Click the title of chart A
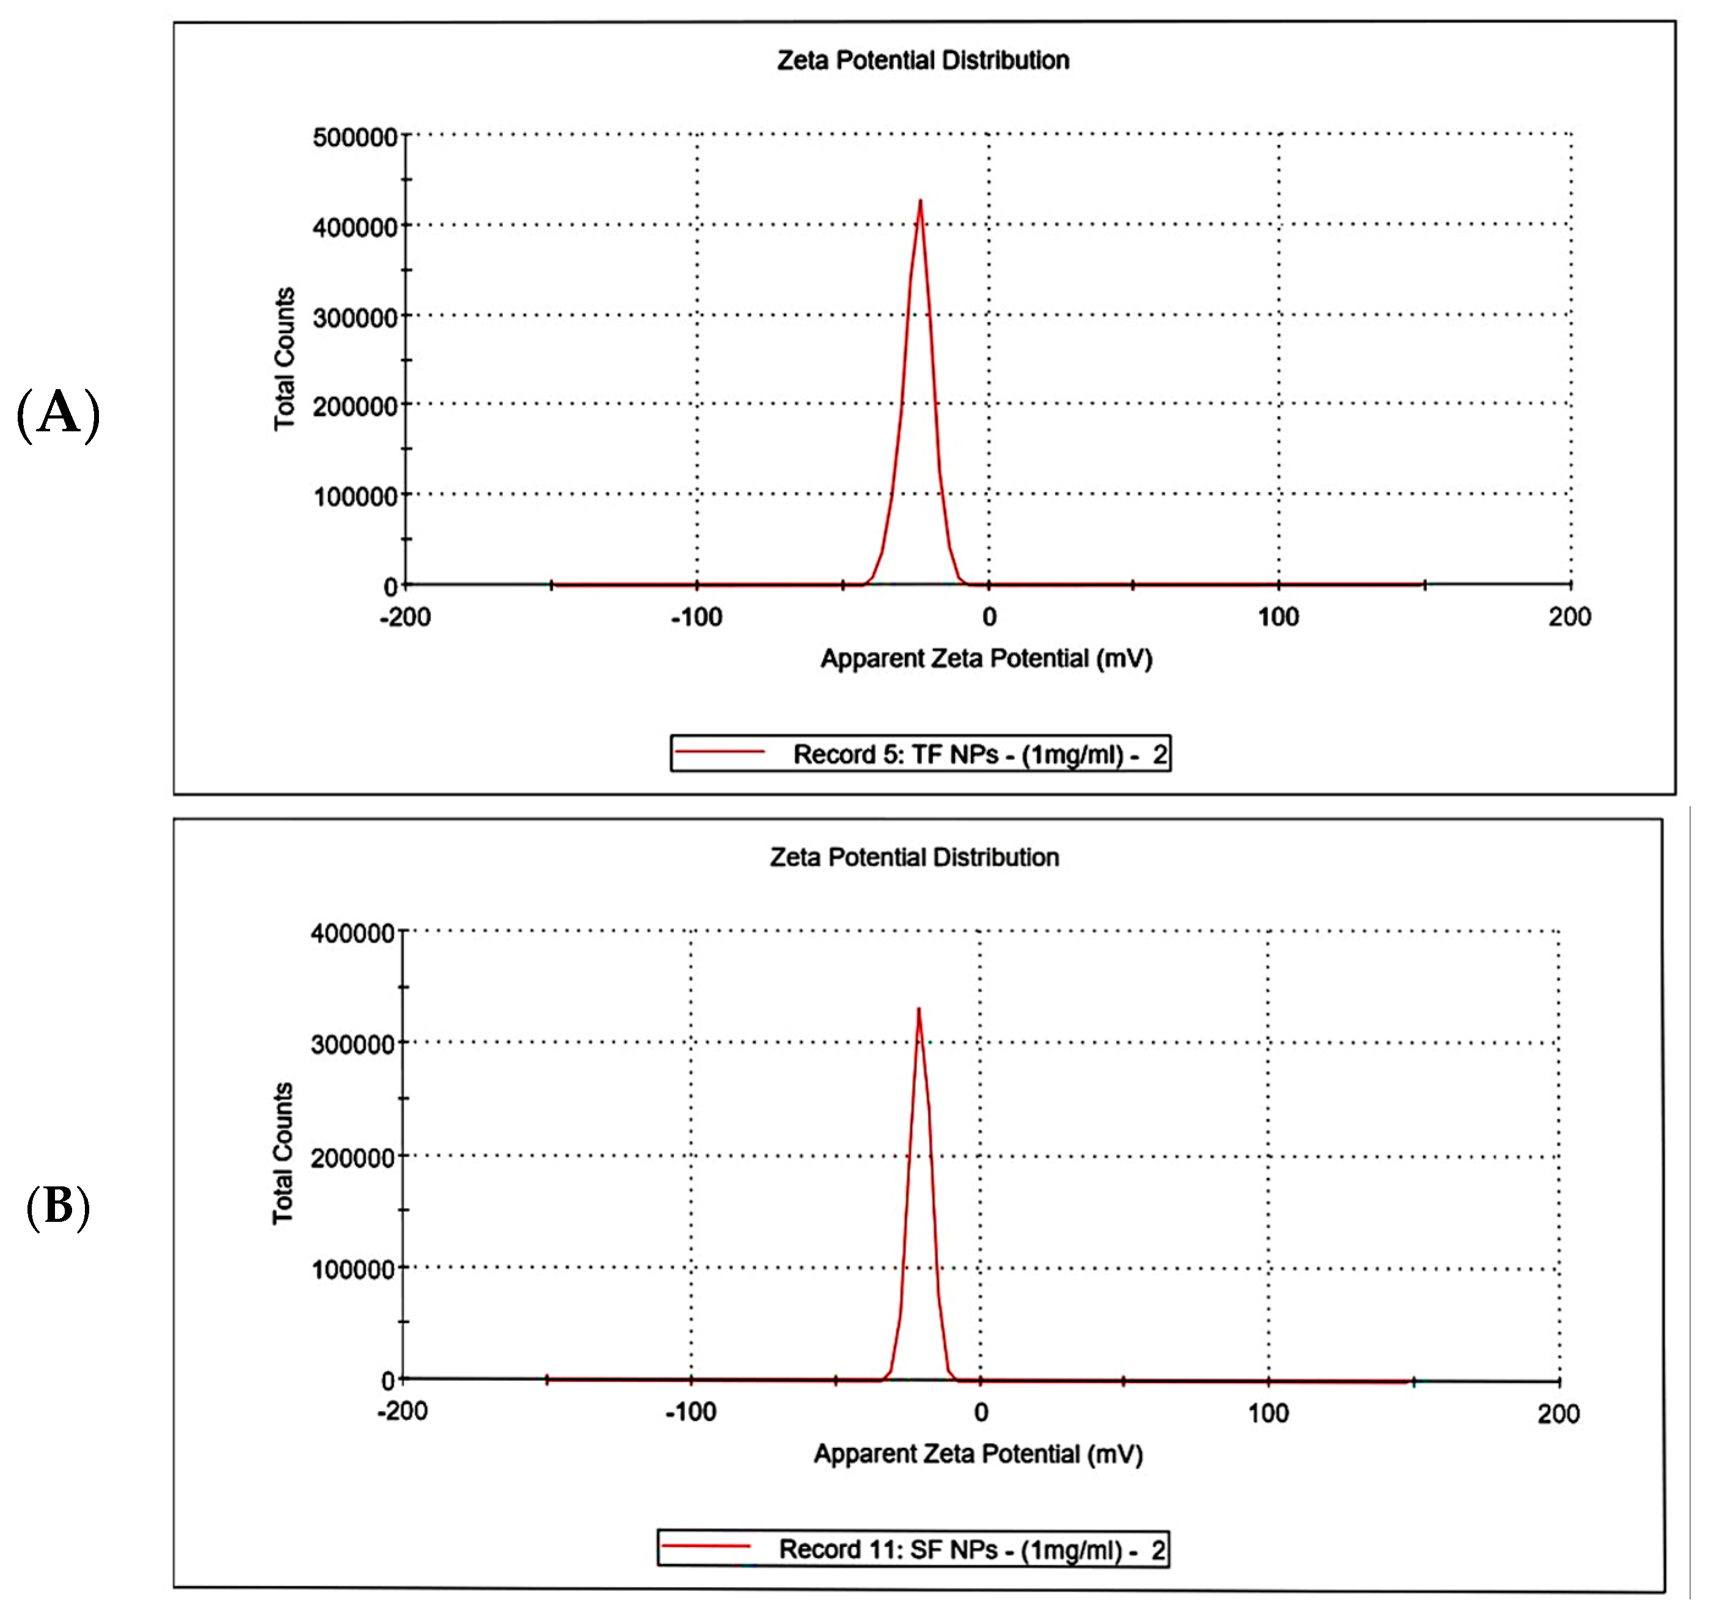(923, 60)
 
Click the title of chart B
(914, 857)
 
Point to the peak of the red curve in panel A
(920, 202)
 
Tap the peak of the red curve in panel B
(918, 1009)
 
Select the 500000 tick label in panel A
(355, 137)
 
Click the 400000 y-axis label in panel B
(353, 933)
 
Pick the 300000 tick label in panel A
(355, 318)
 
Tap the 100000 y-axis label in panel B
(353, 1269)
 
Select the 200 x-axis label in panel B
(1558, 1414)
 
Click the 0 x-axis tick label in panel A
(988, 617)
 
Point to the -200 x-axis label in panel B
(401, 1412)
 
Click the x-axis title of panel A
(986, 659)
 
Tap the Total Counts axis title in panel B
(283, 1154)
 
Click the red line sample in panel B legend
(706, 1546)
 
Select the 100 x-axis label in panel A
(1279, 617)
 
